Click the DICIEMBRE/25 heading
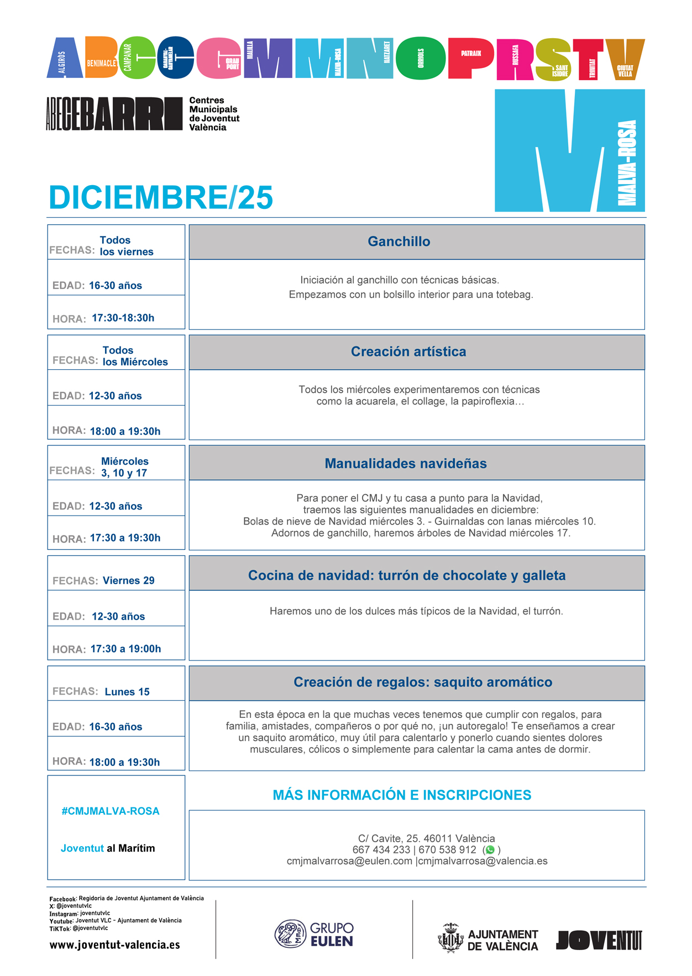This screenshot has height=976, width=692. pyautogui.click(x=161, y=197)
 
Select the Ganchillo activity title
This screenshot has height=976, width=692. pyautogui.click(x=399, y=242)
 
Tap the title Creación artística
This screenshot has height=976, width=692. pyautogui.click(x=408, y=351)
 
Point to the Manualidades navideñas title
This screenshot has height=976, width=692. pyautogui.click(x=406, y=464)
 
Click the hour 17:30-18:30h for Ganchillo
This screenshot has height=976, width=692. pyautogui.click(x=123, y=318)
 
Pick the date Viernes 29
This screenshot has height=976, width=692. pyautogui.click(x=129, y=581)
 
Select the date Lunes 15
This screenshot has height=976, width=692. pyautogui.click(x=127, y=692)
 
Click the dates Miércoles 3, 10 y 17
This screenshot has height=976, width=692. pyautogui.click(x=125, y=467)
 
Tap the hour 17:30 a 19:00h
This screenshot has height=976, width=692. pyautogui.click(x=125, y=649)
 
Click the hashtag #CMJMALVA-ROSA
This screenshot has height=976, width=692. pyautogui.click(x=111, y=811)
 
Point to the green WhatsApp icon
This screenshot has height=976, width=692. pyautogui.click(x=490, y=850)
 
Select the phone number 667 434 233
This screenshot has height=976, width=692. pyautogui.click(x=381, y=850)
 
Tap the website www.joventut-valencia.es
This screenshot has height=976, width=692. pyautogui.click(x=115, y=945)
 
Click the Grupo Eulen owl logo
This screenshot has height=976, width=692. pyautogui.click(x=290, y=934)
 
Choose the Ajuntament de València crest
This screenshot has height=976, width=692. pyautogui.click(x=450, y=938)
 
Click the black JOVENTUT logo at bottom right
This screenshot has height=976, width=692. pyautogui.click(x=599, y=940)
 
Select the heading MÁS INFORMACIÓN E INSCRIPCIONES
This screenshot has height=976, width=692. pyautogui.click(x=402, y=795)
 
